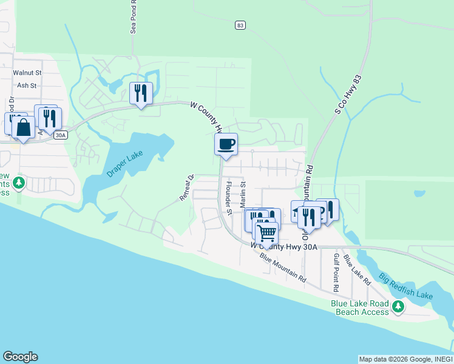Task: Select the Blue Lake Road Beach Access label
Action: tap(360, 308)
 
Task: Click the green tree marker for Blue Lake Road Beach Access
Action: tap(398, 307)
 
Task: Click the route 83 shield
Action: tap(241, 25)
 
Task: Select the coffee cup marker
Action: tap(226, 144)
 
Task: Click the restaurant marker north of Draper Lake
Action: tap(141, 93)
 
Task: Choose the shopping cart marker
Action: tap(266, 233)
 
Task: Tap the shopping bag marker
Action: tap(23, 127)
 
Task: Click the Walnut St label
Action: tap(27, 72)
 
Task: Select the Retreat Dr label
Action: tap(186, 188)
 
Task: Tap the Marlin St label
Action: tap(243, 194)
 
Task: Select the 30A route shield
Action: tap(59, 135)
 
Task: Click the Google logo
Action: tap(20, 357)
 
